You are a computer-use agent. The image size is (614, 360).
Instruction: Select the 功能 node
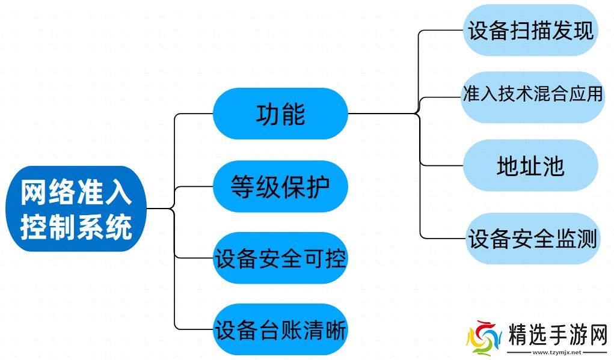280,114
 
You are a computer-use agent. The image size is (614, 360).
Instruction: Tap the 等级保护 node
280,187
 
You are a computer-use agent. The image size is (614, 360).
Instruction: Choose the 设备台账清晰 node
280,330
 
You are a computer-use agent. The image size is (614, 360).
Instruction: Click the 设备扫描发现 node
530,31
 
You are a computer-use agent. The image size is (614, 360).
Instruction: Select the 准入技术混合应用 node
532,95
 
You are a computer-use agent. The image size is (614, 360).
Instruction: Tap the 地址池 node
530,166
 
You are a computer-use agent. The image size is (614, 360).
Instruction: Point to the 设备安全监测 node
532,239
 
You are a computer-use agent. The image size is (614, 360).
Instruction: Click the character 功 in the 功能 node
268,114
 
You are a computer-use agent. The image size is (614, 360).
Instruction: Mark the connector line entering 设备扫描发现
442,30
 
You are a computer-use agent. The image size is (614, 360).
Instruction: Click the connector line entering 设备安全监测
442,238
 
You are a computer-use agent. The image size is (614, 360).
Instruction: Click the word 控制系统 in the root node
76,228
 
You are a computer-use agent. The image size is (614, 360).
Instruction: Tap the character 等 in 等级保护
242,187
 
